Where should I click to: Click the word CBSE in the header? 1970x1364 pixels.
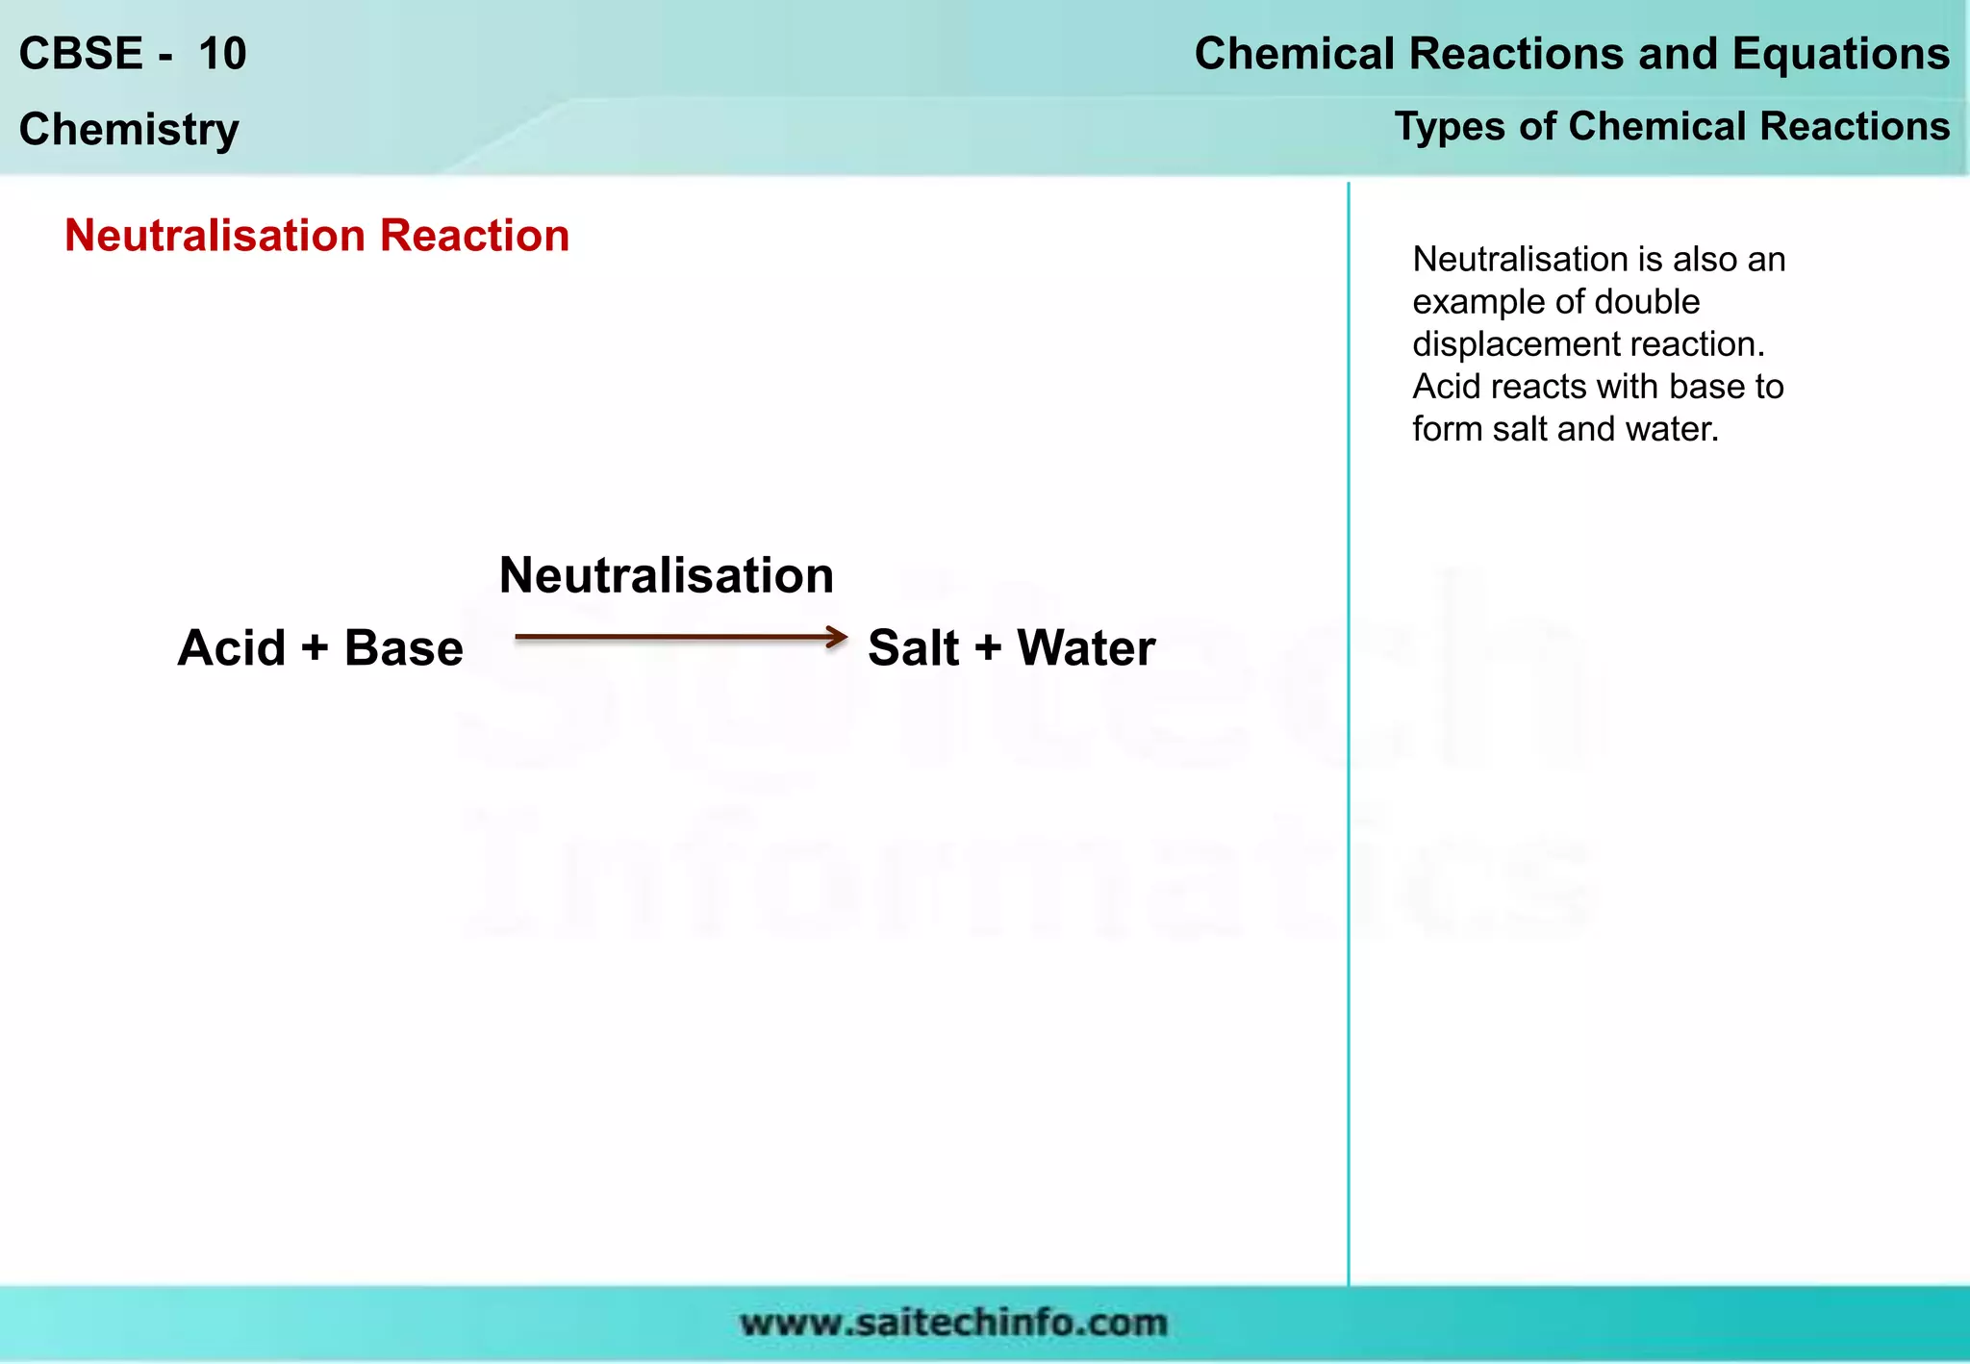[x=81, y=54]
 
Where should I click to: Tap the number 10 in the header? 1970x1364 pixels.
[x=222, y=54]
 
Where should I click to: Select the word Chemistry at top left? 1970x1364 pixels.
[x=129, y=129]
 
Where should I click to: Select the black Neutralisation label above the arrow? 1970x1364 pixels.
[x=666, y=575]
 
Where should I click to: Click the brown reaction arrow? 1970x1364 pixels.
[x=681, y=637]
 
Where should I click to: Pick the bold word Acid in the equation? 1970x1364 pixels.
[x=231, y=647]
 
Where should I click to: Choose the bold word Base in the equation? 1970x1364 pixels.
[x=403, y=647]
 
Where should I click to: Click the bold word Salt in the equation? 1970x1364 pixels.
[x=913, y=647]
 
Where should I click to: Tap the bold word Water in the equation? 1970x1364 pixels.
[x=1086, y=647]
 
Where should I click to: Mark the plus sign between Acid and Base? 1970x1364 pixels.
[x=315, y=647]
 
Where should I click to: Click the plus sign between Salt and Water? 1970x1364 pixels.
[x=988, y=647]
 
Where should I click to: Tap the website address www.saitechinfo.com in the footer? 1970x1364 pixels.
[x=953, y=1323]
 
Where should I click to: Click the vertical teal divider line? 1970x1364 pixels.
[x=1349, y=731]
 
